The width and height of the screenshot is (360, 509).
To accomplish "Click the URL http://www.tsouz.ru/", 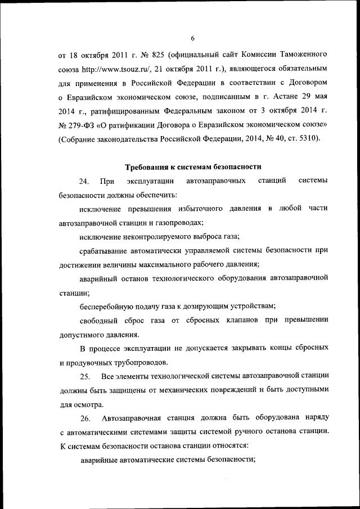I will [115, 69].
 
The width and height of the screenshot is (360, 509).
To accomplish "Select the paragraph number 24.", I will [84, 181].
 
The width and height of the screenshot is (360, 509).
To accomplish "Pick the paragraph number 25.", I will [85, 375].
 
